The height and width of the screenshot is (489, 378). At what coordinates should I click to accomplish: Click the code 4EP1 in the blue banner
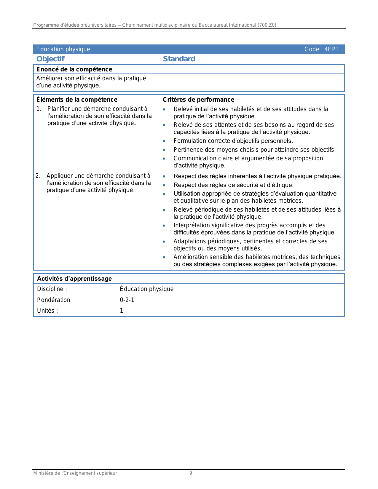(x=332, y=49)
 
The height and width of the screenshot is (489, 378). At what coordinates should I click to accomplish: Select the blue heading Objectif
(x=50, y=59)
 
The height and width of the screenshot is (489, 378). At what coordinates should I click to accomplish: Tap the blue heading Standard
(x=179, y=59)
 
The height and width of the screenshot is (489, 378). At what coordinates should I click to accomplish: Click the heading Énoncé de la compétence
(x=74, y=69)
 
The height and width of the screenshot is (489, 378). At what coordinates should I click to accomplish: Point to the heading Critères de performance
(x=198, y=100)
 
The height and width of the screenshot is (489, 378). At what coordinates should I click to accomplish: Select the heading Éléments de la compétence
(x=77, y=100)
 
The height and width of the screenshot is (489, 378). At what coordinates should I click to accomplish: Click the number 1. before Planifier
(x=39, y=109)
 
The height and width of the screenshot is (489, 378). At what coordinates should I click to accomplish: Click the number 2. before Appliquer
(x=38, y=176)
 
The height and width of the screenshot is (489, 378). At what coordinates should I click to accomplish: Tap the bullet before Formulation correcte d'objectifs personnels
(x=164, y=141)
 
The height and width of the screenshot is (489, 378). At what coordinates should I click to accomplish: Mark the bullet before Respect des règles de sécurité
(x=164, y=185)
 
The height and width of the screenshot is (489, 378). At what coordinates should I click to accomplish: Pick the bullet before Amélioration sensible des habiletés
(x=164, y=257)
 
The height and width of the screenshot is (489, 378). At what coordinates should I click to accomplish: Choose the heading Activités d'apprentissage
(x=74, y=279)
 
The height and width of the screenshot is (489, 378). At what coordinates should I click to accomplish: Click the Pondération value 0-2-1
(x=127, y=300)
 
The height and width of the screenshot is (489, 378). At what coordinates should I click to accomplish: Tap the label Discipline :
(x=52, y=289)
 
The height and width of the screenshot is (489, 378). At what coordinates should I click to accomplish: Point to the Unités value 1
(x=122, y=311)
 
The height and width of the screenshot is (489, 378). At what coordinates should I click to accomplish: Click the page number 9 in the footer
(x=191, y=473)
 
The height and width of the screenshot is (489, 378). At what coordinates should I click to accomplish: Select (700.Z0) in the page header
(x=267, y=25)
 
